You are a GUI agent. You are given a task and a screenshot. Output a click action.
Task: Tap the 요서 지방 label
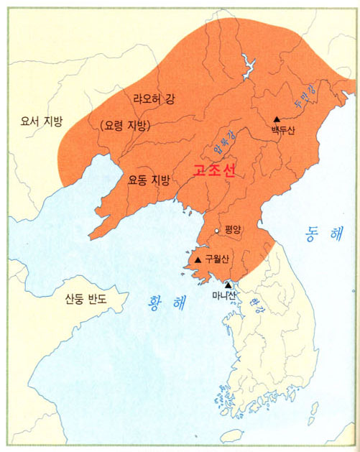tap(42, 121)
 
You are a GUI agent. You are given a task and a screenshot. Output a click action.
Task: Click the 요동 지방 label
tap(149, 182)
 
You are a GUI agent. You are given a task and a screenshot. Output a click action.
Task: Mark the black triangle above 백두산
tap(277, 119)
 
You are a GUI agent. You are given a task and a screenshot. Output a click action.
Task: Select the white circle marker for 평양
tap(216, 231)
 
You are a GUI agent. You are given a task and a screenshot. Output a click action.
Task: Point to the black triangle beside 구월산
tap(198, 259)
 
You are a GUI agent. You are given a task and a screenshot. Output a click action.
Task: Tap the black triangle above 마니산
tap(229, 285)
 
